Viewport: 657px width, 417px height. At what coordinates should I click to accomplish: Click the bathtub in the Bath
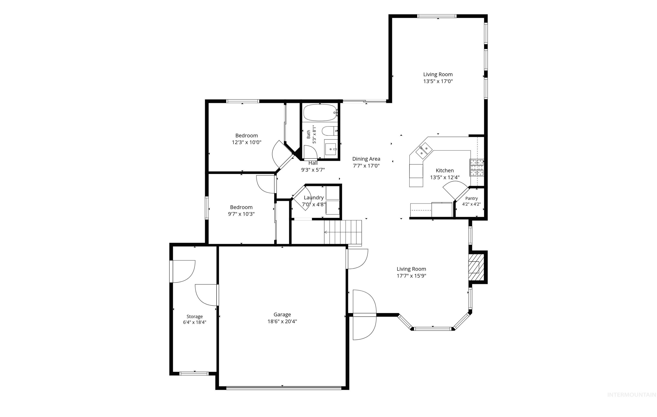(320, 113)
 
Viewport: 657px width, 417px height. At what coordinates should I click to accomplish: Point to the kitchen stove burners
(476, 167)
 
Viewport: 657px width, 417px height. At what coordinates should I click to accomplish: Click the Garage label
(282, 314)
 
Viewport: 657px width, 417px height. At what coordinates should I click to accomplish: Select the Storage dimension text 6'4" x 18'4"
(195, 322)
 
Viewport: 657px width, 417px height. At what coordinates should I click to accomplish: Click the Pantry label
(471, 198)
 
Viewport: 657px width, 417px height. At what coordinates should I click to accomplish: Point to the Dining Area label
(366, 159)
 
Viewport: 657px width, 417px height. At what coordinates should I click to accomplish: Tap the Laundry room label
(314, 198)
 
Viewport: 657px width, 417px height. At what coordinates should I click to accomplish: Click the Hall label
(313, 163)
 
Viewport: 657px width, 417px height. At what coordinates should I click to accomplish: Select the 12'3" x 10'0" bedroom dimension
(247, 142)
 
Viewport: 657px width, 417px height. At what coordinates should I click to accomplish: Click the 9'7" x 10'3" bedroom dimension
(241, 214)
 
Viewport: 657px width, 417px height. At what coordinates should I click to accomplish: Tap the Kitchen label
(445, 171)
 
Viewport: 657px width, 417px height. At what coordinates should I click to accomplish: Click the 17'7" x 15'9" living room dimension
(411, 276)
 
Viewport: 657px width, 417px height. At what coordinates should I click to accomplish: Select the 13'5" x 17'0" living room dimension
(438, 81)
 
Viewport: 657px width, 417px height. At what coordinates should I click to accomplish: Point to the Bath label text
(309, 134)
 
